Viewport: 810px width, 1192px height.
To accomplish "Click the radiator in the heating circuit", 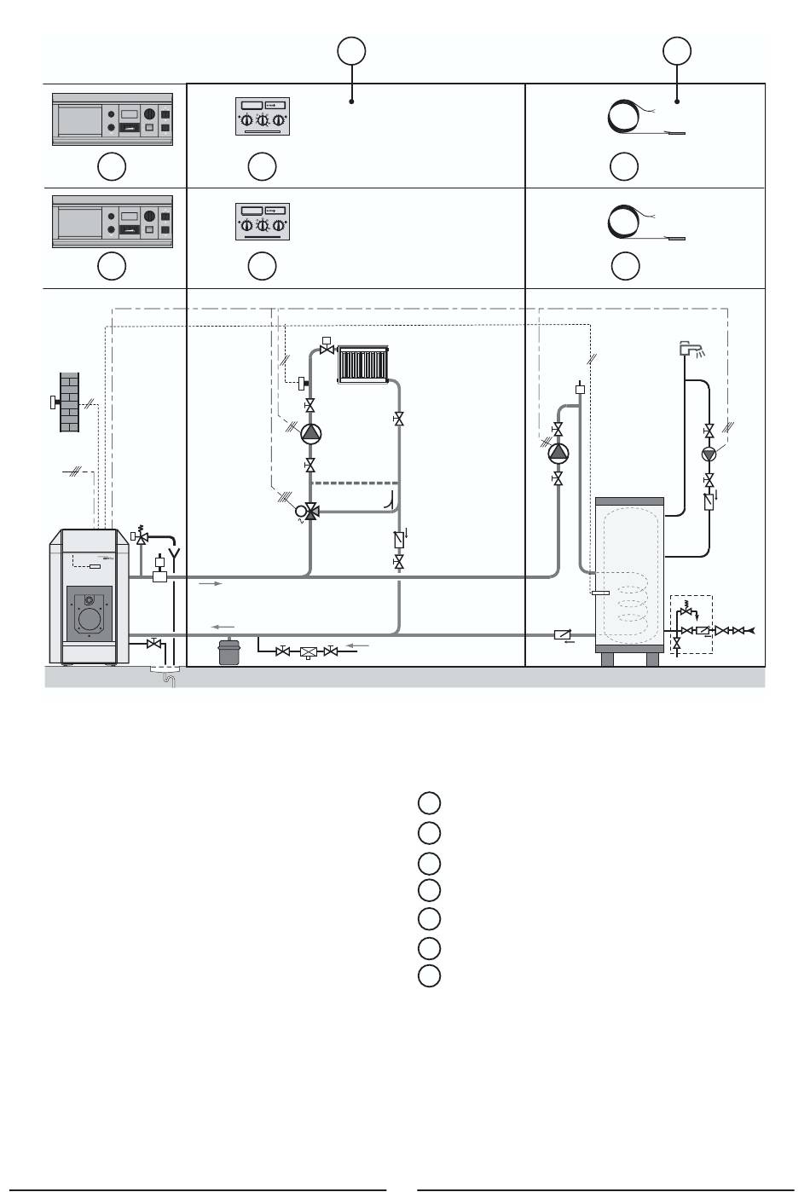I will [x=364, y=364].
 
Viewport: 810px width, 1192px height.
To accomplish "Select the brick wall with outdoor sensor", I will [x=69, y=402].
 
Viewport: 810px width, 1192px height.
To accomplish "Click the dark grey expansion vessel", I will [x=229, y=651].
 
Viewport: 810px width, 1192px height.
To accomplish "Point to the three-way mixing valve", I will [x=310, y=512].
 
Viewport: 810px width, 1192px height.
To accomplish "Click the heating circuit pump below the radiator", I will [x=310, y=433].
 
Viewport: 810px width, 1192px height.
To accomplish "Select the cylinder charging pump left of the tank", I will [x=558, y=452].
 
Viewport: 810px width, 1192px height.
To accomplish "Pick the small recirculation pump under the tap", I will [x=709, y=454].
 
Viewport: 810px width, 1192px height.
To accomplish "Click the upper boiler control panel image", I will [x=113, y=119].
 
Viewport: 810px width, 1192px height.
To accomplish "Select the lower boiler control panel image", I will [x=113, y=222].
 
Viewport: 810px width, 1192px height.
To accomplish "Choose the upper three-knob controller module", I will [x=263, y=117].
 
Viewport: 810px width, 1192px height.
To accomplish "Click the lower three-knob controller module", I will [x=263, y=219].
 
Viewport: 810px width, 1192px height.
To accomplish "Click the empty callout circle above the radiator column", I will [x=351, y=51].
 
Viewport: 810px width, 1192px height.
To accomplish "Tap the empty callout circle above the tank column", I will [x=678, y=51].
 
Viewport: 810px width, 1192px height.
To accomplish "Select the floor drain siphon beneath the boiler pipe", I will [x=168, y=678].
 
